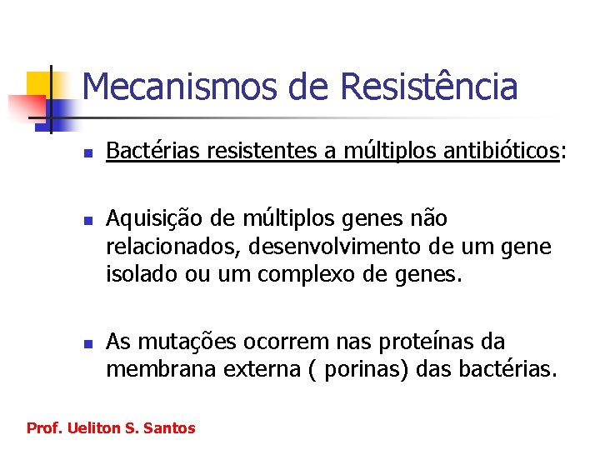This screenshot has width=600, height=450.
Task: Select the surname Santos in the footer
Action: click(169, 428)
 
